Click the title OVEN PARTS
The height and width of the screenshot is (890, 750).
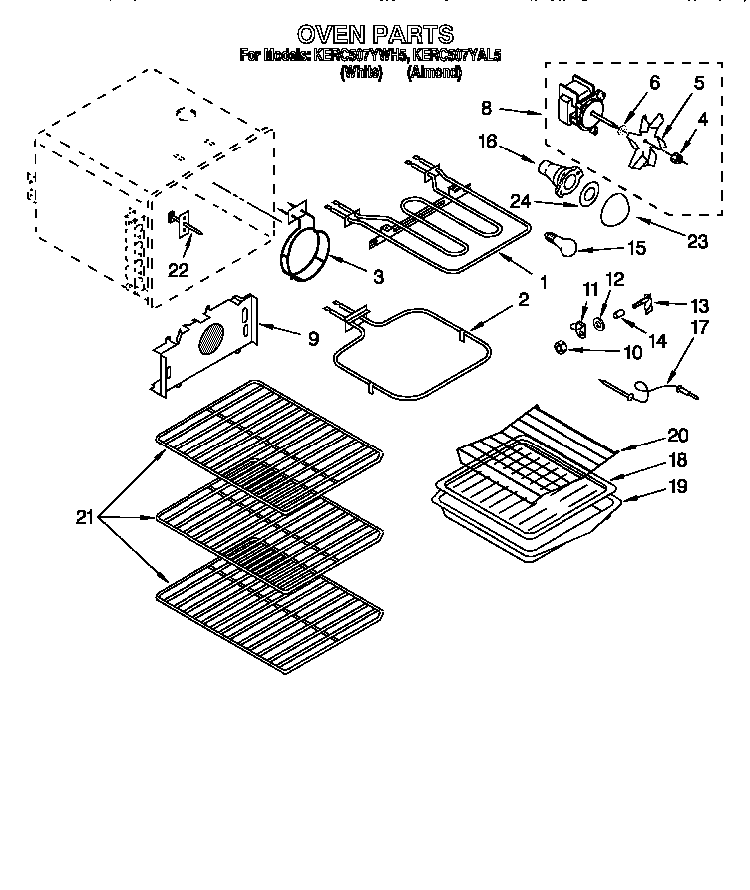(x=375, y=35)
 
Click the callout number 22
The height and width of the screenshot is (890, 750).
(x=179, y=269)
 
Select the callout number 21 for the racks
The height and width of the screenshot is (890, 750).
(x=87, y=517)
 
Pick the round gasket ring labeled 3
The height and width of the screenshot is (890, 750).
(x=306, y=249)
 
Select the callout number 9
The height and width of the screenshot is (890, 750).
(x=312, y=338)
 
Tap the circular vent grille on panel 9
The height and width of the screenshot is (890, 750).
(x=209, y=339)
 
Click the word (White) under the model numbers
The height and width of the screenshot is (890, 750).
(x=362, y=72)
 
